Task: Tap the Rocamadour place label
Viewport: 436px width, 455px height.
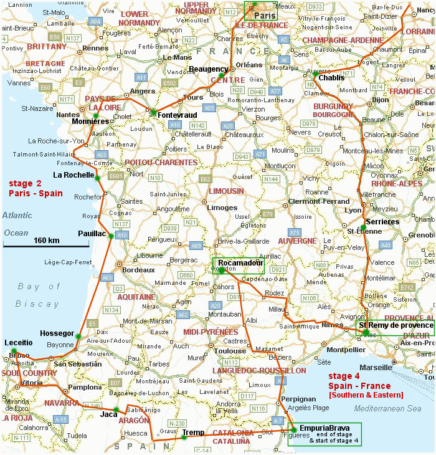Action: [x=241, y=262]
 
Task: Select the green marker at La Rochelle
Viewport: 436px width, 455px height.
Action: [x=98, y=178]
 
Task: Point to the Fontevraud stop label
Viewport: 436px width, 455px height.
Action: [x=178, y=115]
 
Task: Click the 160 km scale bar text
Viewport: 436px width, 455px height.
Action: [x=46, y=241]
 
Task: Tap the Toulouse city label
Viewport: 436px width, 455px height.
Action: [x=230, y=351]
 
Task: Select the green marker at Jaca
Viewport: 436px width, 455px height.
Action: [x=115, y=410]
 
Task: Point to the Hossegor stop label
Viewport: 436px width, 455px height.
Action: [x=57, y=333]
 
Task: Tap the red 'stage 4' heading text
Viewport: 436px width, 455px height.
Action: [x=348, y=376]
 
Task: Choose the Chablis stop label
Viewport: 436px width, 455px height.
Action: [x=331, y=78]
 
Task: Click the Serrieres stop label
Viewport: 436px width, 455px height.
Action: [x=382, y=221]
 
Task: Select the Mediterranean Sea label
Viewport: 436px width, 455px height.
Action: [x=387, y=408]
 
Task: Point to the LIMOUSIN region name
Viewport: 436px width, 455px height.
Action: [x=226, y=191]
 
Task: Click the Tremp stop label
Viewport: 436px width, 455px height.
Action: [x=194, y=432]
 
